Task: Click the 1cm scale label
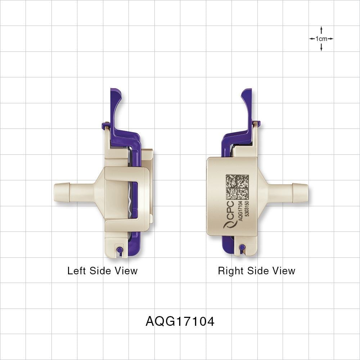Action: pos(321,39)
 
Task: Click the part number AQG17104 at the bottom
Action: pos(180,321)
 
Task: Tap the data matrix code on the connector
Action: pos(237,187)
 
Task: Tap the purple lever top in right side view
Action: pos(246,95)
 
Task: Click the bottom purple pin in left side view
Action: pos(120,250)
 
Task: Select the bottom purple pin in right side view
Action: pos(242,247)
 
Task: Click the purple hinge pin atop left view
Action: pos(104,126)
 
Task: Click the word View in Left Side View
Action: pos(126,271)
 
